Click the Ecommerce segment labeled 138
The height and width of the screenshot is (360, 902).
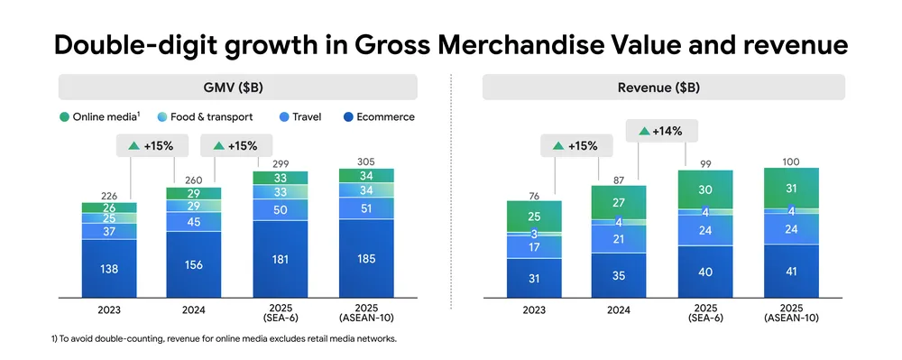tap(109, 269)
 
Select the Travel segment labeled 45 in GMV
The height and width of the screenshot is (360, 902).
tap(194, 221)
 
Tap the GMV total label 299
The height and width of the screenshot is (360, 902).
tap(281, 164)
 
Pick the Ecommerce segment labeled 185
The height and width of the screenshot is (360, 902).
tap(366, 259)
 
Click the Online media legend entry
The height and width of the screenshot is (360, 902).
tap(100, 116)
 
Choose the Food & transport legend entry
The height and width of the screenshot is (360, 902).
tap(206, 116)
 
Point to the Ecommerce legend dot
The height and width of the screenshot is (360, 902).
tap(346, 116)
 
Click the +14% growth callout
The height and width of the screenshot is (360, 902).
tap(661, 131)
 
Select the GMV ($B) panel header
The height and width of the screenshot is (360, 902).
tap(237, 88)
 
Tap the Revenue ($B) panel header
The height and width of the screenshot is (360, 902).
tap(663, 88)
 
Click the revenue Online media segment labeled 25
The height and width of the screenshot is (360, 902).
tap(534, 217)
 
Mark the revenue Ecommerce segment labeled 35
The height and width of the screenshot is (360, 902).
tap(619, 275)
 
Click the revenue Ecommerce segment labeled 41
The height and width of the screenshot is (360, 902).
tap(792, 272)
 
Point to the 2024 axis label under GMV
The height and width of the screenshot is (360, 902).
tap(194, 310)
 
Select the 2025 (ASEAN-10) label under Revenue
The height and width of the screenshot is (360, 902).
tap(792, 313)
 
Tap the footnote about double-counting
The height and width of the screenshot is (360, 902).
tap(224, 338)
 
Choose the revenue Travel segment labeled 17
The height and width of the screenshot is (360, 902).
tap(534, 248)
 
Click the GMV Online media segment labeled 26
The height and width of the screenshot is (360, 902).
tap(109, 208)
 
